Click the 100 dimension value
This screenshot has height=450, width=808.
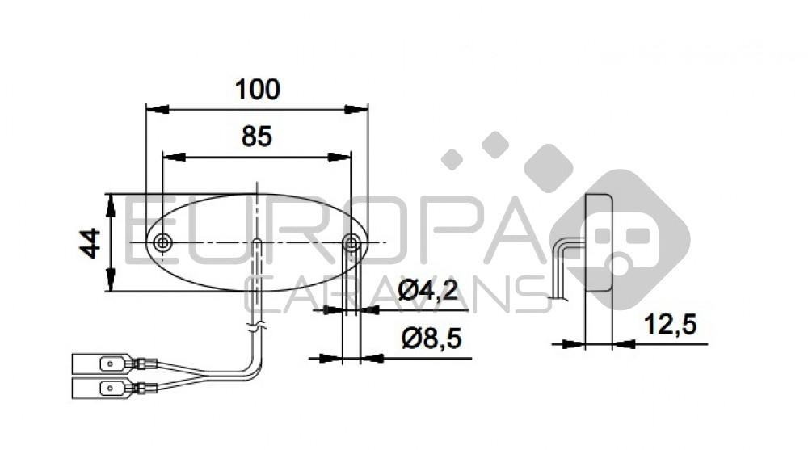point(257,89)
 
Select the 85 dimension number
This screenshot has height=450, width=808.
point(257,137)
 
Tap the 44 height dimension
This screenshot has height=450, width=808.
point(90,242)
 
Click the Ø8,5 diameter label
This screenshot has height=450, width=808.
point(431,339)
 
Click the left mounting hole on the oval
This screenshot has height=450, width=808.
point(163,242)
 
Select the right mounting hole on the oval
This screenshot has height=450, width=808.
point(351,242)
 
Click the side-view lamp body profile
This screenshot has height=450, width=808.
point(599,242)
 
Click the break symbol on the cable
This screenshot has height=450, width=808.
point(256,328)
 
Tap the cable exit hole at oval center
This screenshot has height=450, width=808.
point(256,242)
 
